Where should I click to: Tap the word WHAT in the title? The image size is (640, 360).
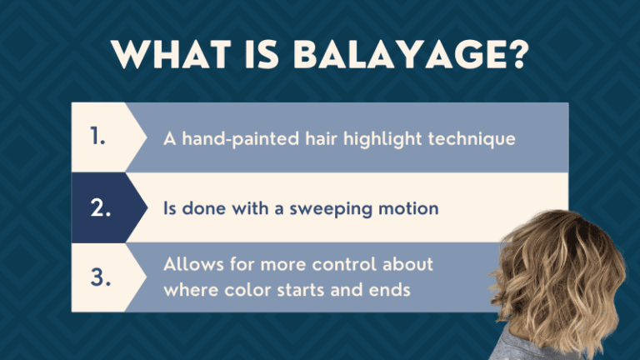pos(173,55)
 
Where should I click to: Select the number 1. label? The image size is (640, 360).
pos(97,137)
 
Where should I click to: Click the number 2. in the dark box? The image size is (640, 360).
pos(100,207)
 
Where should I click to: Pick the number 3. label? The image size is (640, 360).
pos(100,278)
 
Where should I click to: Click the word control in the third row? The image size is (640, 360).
pos(347,265)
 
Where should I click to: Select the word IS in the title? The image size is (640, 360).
pos(257,55)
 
